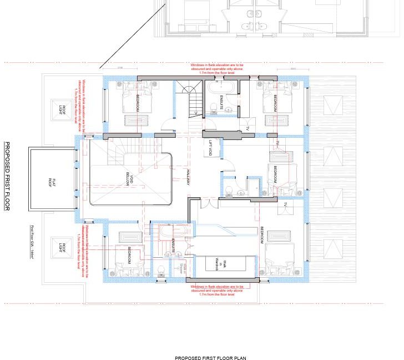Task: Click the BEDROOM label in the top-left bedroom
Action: [138, 103]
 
